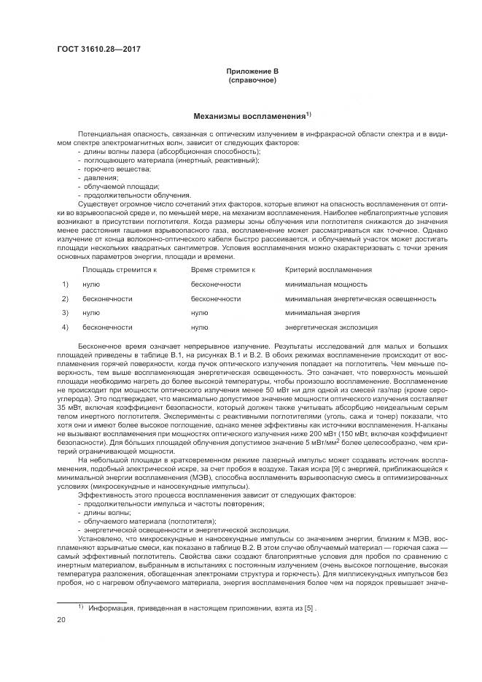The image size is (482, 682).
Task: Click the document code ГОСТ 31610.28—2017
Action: (98, 50)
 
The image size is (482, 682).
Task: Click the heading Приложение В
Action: (252, 71)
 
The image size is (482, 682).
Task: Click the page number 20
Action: (62, 619)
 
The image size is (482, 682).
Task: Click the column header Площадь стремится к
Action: (120, 270)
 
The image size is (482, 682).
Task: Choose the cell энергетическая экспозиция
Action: (321, 327)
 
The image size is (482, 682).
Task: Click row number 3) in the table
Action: (65, 312)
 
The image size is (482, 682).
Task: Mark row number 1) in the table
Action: (65, 284)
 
